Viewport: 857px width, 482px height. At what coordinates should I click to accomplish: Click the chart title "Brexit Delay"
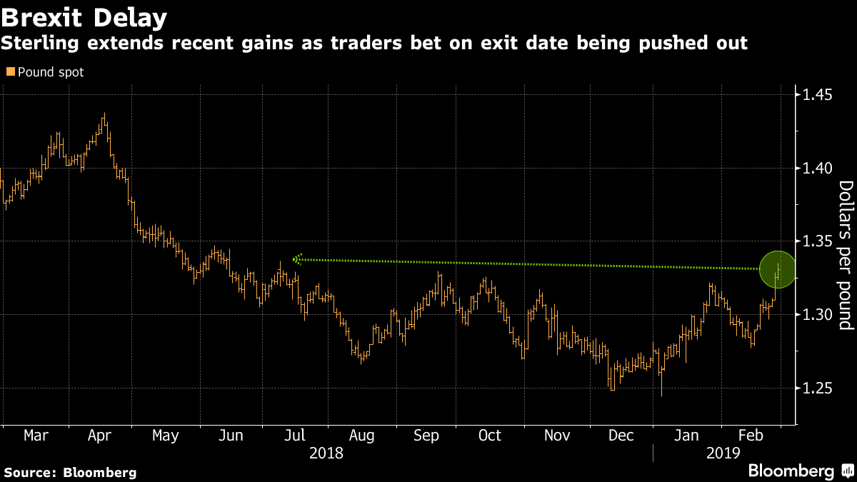[x=84, y=18]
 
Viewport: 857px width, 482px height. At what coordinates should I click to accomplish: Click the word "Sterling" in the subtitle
[x=40, y=43]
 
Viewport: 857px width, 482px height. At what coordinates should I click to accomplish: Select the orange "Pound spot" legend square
[x=11, y=71]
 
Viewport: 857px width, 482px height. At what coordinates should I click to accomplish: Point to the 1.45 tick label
[x=817, y=94]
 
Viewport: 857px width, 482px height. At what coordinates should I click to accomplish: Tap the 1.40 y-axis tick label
[x=817, y=168]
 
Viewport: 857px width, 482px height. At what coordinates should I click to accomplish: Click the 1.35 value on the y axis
[x=817, y=241]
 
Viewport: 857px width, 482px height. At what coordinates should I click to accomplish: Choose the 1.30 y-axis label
[x=817, y=315]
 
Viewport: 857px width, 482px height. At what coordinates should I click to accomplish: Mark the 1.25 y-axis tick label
[x=817, y=388]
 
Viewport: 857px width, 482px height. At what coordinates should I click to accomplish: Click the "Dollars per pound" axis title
[x=846, y=255]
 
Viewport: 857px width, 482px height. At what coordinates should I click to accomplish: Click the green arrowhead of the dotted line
[x=298, y=259]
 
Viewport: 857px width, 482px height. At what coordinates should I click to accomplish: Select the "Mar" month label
[x=36, y=436]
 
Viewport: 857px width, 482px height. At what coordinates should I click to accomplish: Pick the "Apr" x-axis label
[x=99, y=436]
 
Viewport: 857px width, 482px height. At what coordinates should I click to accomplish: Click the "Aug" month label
[x=361, y=436]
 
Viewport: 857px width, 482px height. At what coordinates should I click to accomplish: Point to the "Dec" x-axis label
[x=621, y=436]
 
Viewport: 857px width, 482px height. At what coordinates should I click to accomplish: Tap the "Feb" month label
[x=751, y=436]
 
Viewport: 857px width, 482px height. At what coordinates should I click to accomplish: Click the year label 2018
[x=326, y=453]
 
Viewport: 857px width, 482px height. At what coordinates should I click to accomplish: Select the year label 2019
[x=723, y=453]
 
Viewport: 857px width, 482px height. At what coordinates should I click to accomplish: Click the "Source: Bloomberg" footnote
[x=70, y=473]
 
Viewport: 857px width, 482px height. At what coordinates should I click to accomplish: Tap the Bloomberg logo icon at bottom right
[x=848, y=470]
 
